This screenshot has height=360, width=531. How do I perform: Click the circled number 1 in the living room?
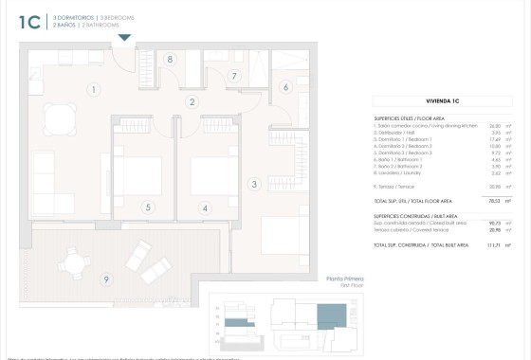93,90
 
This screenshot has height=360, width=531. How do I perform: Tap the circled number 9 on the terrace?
104,279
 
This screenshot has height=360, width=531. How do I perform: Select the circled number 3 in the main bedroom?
254,184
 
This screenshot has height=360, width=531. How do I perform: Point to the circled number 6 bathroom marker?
284,88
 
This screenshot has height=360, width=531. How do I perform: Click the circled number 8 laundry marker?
170,59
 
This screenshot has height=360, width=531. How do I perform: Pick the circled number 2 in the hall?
192,102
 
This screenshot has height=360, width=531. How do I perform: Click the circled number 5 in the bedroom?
147,207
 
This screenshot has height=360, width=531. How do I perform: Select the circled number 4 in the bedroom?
205,207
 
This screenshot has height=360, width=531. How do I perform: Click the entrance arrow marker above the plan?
124,38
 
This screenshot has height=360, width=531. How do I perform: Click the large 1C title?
29,23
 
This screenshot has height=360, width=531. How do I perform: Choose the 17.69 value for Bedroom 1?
495,140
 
